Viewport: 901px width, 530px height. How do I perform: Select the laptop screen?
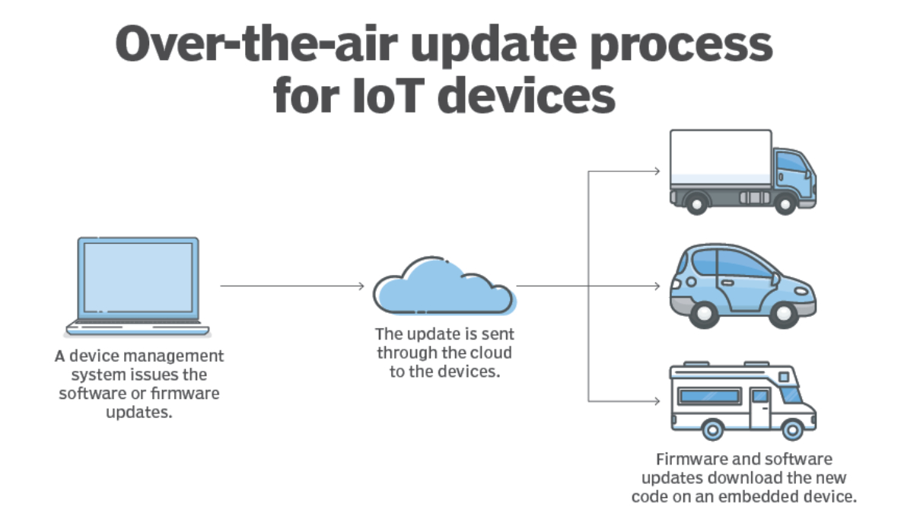pos(138,277)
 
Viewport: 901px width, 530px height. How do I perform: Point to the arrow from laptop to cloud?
pos(292,286)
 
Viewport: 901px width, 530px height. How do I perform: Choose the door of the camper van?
pos(759,407)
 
